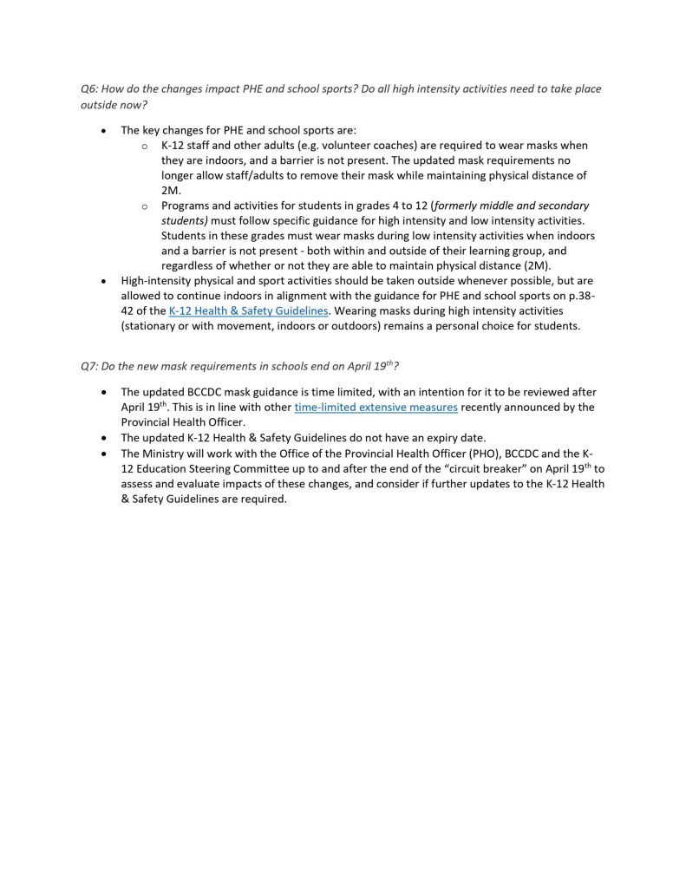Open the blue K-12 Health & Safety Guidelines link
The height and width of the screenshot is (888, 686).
(x=249, y=310)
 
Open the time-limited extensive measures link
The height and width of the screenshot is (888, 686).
(x=376, y=407)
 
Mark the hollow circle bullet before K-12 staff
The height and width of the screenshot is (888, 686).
(x=145, y=146)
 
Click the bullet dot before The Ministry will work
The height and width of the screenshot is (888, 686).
(x=104, y=453)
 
